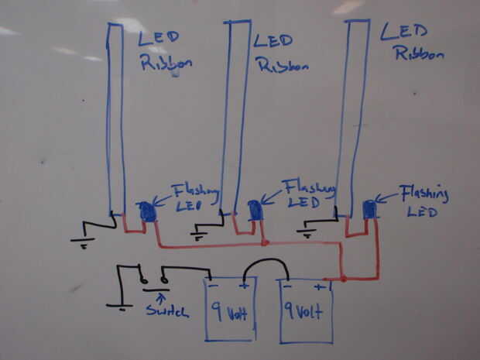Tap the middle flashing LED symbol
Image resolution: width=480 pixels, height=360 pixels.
pos(255,210)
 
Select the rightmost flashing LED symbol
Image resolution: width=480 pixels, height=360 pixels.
pos(369,208)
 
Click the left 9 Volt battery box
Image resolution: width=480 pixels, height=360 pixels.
pos(230,310)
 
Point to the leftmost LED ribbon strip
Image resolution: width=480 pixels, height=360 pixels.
pos(115,116)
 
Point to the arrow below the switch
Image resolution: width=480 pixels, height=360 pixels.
pos(160,294)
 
